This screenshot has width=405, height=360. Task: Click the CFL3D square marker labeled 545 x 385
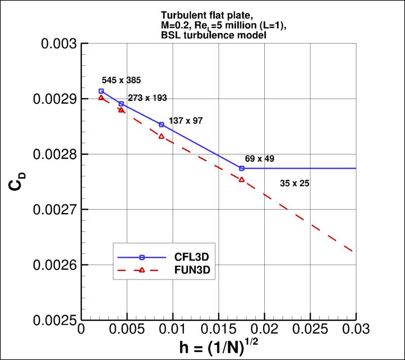[x=101, y=91]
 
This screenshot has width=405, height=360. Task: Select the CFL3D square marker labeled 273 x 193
[x=121, y=104]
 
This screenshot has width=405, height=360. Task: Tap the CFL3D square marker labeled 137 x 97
[x=161, y=124]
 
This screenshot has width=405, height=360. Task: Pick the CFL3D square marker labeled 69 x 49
[x=241, y=168]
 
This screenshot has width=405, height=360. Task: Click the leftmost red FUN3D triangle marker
[x=101, y=98]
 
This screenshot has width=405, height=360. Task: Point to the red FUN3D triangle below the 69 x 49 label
[x=241, y=180]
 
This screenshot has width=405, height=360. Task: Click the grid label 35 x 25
[x=294, y=184]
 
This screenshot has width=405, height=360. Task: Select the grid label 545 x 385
[x=121, y=80]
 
